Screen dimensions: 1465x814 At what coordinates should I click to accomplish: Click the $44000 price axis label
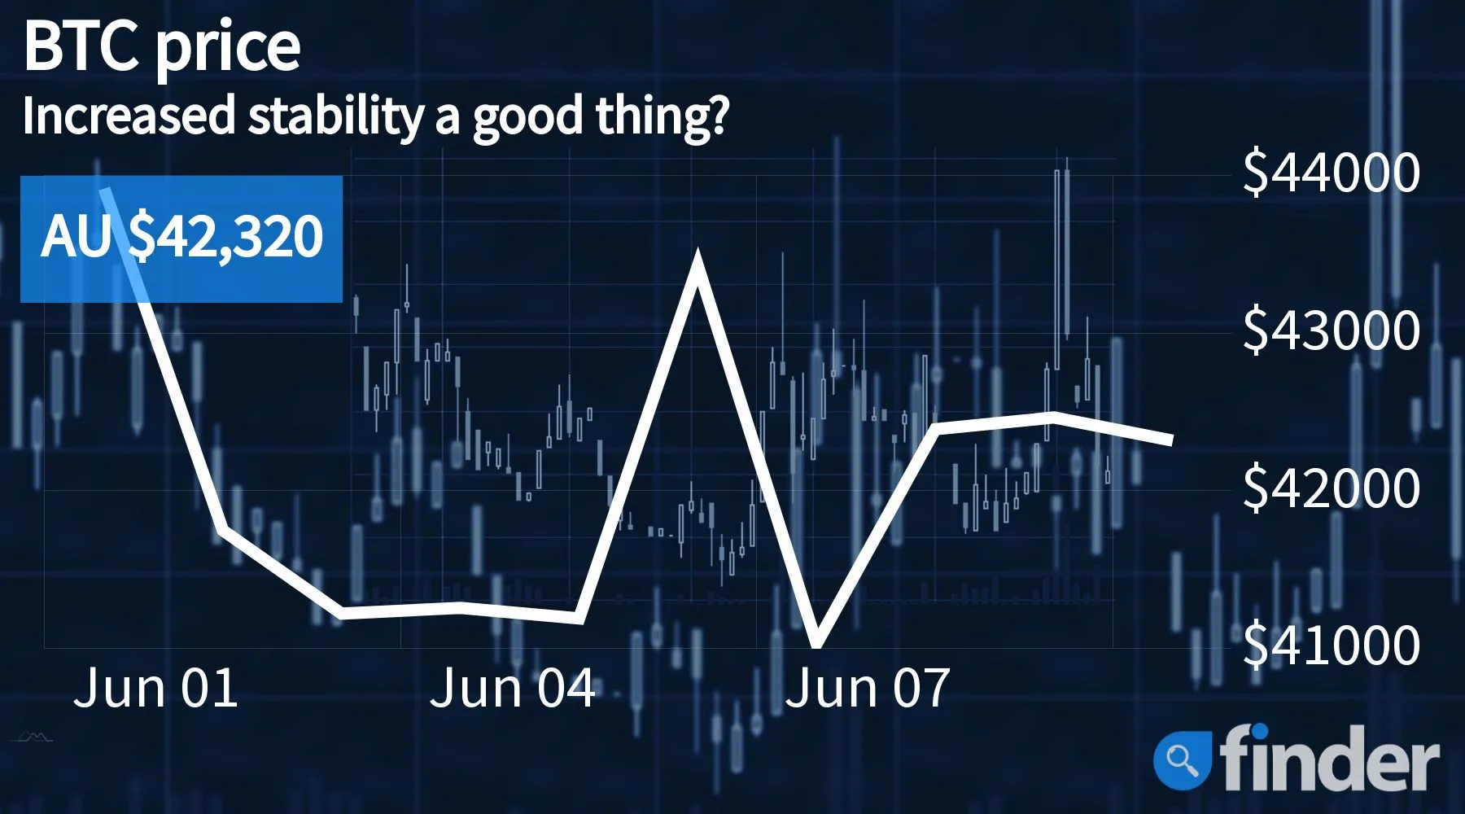1332,172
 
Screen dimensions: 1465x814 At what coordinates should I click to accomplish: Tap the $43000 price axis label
1332,330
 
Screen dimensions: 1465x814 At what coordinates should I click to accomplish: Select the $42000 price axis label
1332,488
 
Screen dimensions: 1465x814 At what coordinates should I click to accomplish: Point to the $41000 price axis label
1332,645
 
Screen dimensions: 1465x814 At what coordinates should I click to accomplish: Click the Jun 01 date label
155,688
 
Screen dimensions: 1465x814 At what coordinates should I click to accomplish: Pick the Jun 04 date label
512,688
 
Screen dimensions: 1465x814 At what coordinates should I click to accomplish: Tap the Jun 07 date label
868,688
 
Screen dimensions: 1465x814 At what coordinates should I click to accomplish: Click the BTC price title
162,47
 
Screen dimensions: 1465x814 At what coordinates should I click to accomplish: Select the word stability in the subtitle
336,116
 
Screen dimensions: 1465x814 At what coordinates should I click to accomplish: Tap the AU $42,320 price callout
181,238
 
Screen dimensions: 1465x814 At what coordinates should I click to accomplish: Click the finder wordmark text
1329,758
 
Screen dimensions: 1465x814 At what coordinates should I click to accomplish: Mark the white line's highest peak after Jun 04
698,260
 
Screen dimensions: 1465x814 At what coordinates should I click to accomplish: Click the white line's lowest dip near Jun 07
816,643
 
